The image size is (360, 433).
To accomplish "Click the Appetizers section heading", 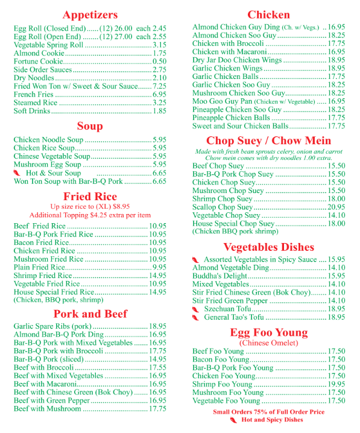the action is [x=90, y=14].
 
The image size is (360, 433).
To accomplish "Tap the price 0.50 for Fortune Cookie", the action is [x=159, y=62].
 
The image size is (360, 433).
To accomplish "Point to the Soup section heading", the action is [x=90, y=126].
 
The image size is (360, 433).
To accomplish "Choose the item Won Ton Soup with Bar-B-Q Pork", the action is [x=68, y=181].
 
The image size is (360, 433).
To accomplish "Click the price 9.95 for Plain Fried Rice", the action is [x=159, y=267].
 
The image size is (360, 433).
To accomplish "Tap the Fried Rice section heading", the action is [x=90, y=197].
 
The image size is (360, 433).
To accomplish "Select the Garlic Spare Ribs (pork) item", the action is [x=52, y=326].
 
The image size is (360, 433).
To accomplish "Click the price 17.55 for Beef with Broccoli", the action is [x=157, y=367].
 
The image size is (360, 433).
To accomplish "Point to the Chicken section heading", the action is [x=268, y=14].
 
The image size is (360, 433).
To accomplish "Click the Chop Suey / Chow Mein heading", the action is [x=268, y=141].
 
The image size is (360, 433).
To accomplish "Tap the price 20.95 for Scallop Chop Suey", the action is [x=336, y=207].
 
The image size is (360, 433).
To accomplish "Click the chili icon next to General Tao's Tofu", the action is [x=195, y=317].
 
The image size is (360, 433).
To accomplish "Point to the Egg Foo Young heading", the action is [x=268, y=333].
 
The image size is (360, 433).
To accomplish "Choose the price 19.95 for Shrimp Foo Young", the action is [x=336, y=384].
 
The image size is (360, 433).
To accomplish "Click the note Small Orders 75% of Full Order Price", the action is [x=268, y=412].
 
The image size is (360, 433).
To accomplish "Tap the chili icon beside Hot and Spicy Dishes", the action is [x=233, y=420].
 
